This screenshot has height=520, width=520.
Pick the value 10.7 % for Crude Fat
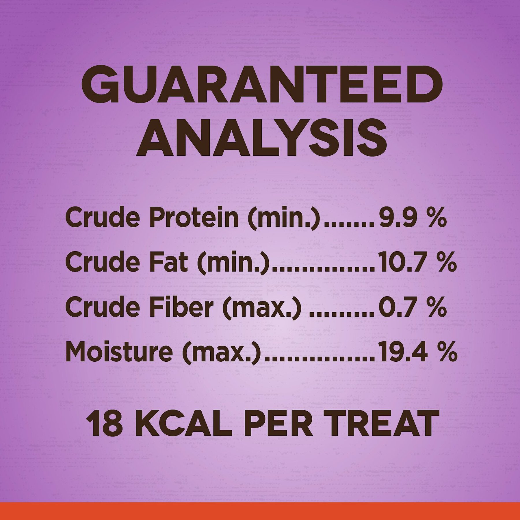pyautogui.click(x=418, y=263)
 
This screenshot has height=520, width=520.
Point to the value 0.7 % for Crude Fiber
pyautogui.click(x=413, y=307)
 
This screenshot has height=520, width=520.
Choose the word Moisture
pyautogui.click(x=119, y=352)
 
